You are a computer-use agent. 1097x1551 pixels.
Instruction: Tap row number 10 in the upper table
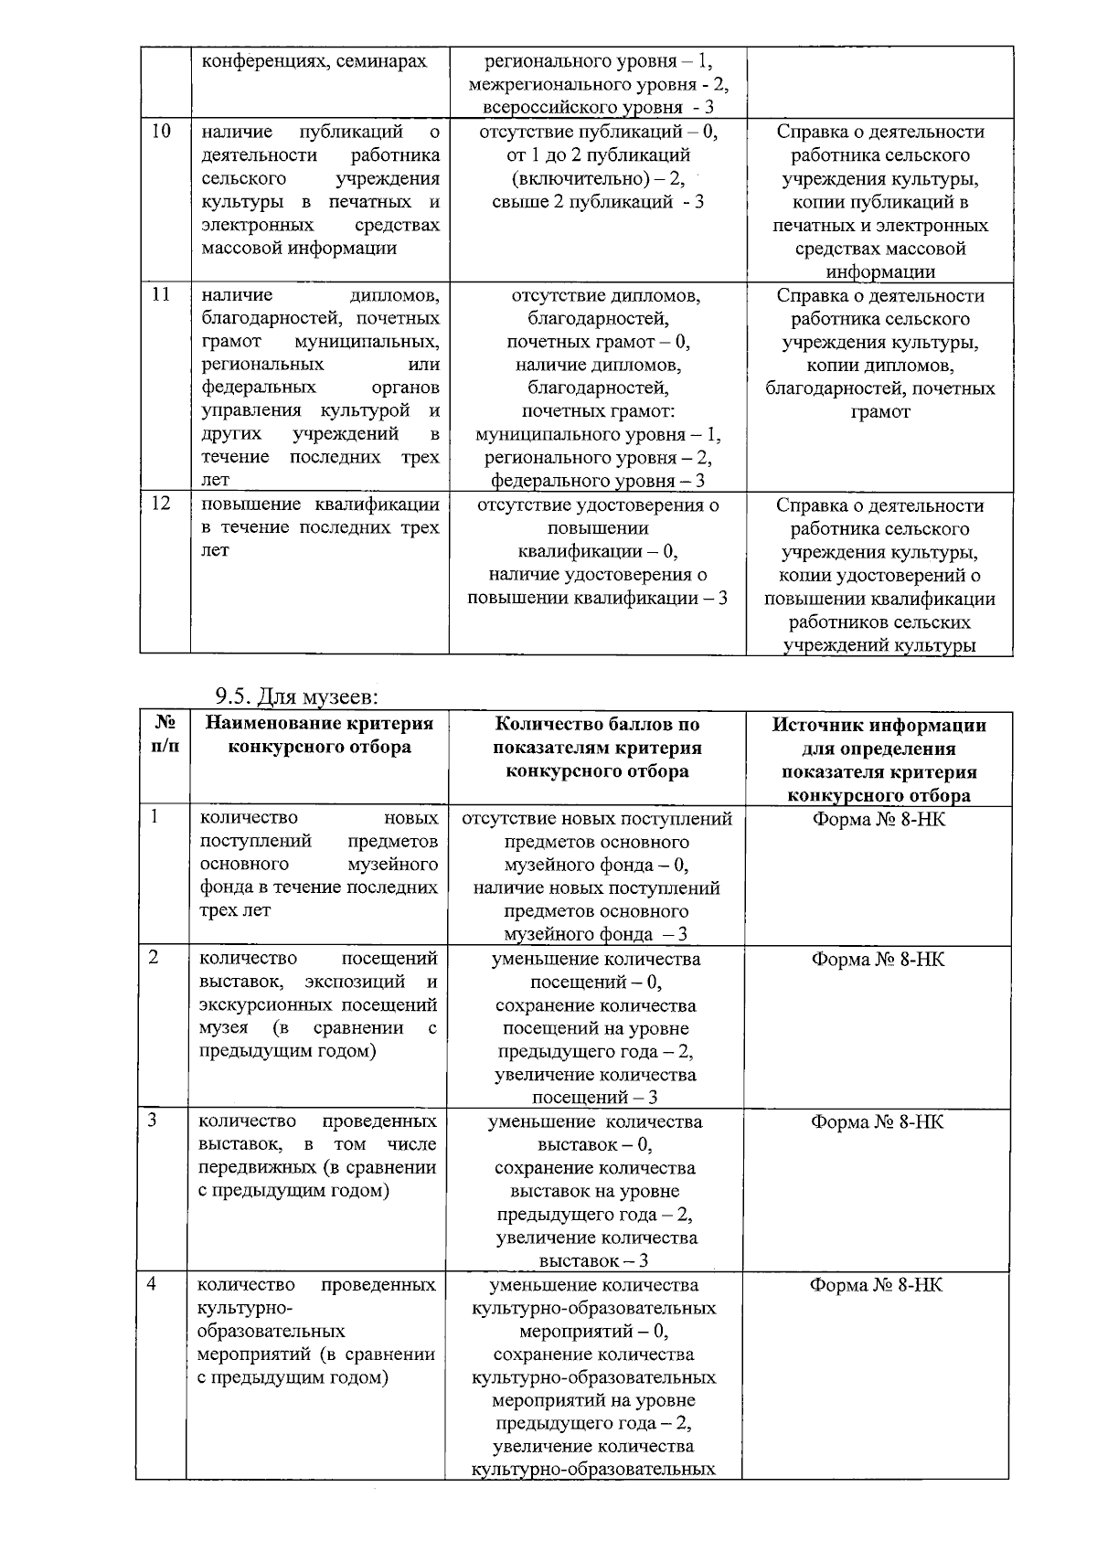pyautogui.click(x=161, y=132)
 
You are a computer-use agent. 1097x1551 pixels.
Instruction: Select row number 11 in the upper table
pyautogui.click(x=161, y=295)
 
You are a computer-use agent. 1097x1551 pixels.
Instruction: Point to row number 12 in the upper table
pyautogui.click(x=161, y=504)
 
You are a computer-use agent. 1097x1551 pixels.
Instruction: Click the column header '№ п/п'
pyautogui.click(x=165, y=736)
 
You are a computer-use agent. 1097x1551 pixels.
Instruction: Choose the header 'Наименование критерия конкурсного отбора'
pyautogui.click(x=319, y=736)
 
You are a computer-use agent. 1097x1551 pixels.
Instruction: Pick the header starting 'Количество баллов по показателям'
pyautogui.click(x=597, y=748)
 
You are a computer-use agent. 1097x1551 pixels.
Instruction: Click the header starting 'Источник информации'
pyautogui.click(x=879, y=760)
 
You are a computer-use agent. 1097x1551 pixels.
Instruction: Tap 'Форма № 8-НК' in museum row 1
pyautogui.click(x=879, y=819)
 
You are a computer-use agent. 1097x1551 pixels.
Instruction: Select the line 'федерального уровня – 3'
pyautogui.click(x=598, y=481)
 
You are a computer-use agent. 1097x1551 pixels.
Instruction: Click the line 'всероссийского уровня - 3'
pyautogui.click(x=598, y=108)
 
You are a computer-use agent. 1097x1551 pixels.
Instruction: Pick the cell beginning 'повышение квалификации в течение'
pyautogui.click(x=319, y=527)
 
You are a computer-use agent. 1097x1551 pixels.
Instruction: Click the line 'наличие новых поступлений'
pyautogui.click(x=596, y=888)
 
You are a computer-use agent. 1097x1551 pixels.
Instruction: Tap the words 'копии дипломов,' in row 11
pyautogui.click(x=880, y=366)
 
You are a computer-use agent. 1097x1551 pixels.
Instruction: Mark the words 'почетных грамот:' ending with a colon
pyautogui.click(x=598, y=411)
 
